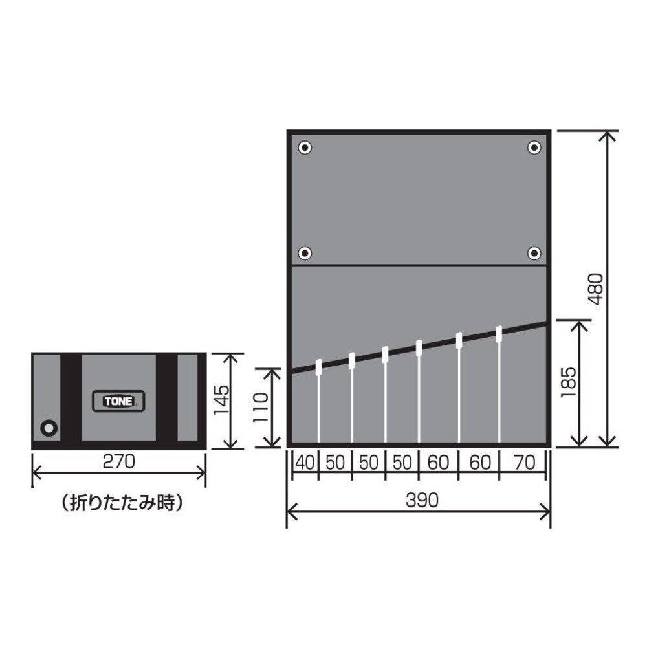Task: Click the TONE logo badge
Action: click(118, 401)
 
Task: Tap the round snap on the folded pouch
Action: click(49, 428)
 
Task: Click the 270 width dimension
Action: click(119, 462)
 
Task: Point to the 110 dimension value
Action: click(260, 408)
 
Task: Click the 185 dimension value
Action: click(568, 382)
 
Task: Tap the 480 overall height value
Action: click(597, 289)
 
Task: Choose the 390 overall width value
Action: click(422, 500)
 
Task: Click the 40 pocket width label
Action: click(305, 463)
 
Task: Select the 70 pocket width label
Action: click(525, 463)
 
